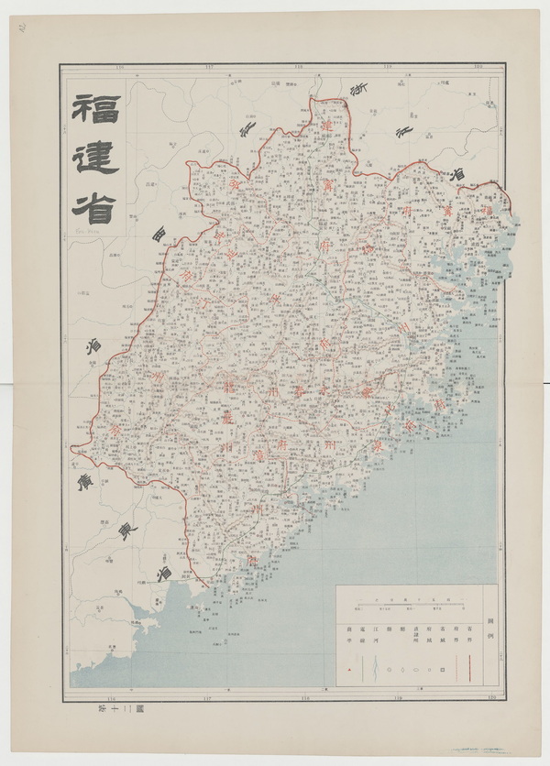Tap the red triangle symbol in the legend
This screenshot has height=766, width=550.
(352, 671)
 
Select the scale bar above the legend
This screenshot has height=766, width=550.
(409, 603)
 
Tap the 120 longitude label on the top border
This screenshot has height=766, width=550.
(478, 67)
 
